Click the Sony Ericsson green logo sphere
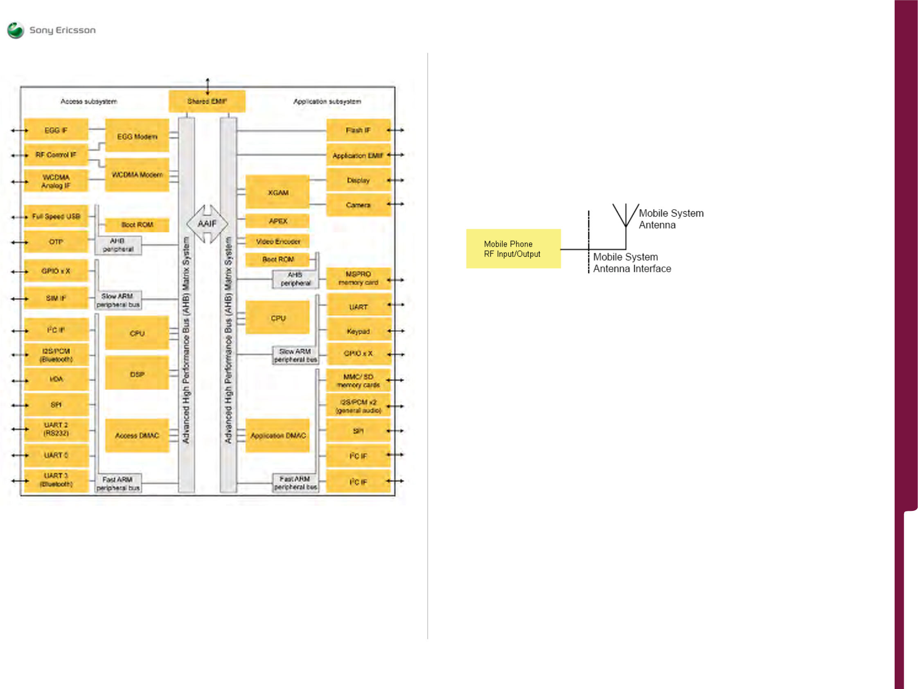click(x=16, y=30)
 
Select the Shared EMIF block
click(x=207, y=101)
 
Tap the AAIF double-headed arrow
click(x=207, y=224)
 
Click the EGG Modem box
click(x=137, y=136)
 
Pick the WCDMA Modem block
click(x=137, y=175)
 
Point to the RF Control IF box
click(x=56, y=155)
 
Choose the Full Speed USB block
click(x=56, y=216)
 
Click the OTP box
click(x=56, y=242)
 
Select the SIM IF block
click(x=56, y=298)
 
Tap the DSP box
click(x=137, y=373)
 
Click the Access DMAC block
click(x=137, y=436)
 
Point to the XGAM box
click(x=277, y=192)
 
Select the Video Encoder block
click(x=277, y=241)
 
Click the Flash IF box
click(x=358, y=130)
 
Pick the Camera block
click(x=358, y=205)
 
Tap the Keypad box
click(x=358, y=331)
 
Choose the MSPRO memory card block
click(x=358, y=278)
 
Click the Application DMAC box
click(x=277, y=436)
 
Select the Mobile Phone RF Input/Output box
click(x=513, y=248)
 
